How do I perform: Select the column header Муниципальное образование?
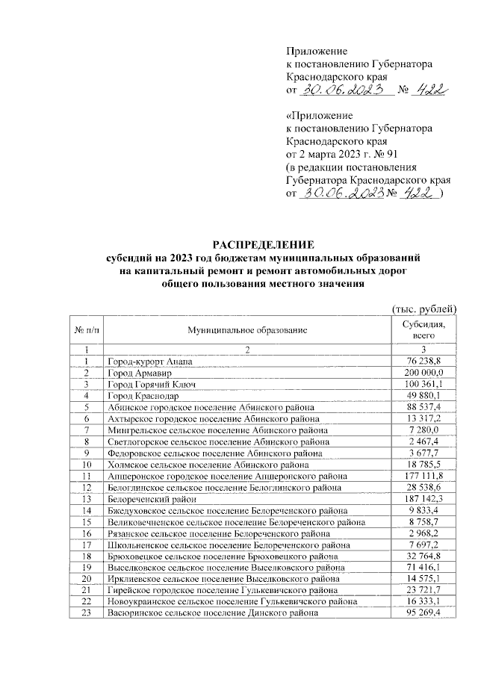247,330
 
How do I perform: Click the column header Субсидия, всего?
423,330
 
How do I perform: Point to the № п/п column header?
87,330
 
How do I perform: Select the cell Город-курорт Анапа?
149,362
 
